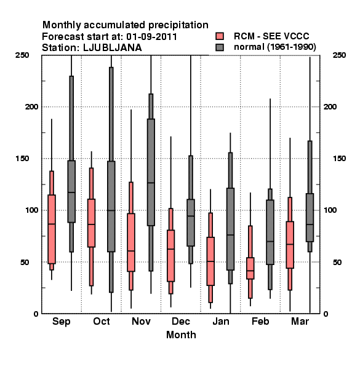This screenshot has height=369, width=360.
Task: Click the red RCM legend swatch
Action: (220, 36)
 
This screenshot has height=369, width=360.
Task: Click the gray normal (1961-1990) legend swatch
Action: (220, 47)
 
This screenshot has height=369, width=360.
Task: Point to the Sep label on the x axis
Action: (61, 322)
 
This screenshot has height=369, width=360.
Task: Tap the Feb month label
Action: (260, 321)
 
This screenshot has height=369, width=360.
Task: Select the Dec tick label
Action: (181, 321)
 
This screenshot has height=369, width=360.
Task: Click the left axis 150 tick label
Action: (22, 159)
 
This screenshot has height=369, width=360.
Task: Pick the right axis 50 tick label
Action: (337, 262)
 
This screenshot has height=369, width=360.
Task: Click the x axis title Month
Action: (181, 335)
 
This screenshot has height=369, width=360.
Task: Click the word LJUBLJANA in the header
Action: (113, 48)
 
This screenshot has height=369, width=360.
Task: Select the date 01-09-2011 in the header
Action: (151, 37)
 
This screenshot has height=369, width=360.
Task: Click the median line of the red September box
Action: (52, 224)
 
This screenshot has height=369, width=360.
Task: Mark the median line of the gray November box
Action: (151, 183)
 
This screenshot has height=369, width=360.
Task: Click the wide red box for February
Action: (250, 268)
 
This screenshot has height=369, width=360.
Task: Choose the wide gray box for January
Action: (230, 229)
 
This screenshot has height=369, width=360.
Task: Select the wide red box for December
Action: (170, 256)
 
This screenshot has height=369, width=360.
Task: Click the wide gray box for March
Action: (310, 218)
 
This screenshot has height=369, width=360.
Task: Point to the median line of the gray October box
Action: (111, 210)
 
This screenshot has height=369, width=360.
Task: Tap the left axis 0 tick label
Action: (36, 314)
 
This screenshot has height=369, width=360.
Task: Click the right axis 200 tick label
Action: (330, 107)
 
